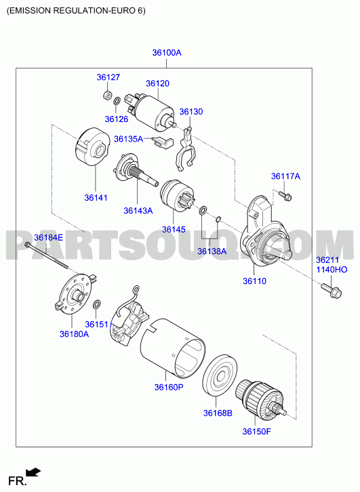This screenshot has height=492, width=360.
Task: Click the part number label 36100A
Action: (x=167, y=53)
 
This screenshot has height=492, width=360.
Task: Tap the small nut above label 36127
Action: (x=107, y=95)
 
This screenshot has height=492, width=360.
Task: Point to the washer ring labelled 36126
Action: (x=117, y=102)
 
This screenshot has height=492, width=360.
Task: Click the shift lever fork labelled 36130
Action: (x=185, y=149)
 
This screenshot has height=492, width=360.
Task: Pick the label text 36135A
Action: (x=128, y=139)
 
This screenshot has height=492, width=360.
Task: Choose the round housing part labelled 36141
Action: (x=92, y=147)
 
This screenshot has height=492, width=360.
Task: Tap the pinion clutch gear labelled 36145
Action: (x=177, y=195)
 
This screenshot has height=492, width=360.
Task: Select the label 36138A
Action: (x=212, y=251)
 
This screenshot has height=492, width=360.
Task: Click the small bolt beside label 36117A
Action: (x=285, y=195)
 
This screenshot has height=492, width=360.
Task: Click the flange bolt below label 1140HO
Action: (x=331, y=291)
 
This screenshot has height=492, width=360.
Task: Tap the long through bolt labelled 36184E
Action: (x=46, y=255)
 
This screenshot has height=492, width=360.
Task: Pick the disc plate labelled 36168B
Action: (x=220, y=375)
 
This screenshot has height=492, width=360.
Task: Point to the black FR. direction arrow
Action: (x=33, y=472)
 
